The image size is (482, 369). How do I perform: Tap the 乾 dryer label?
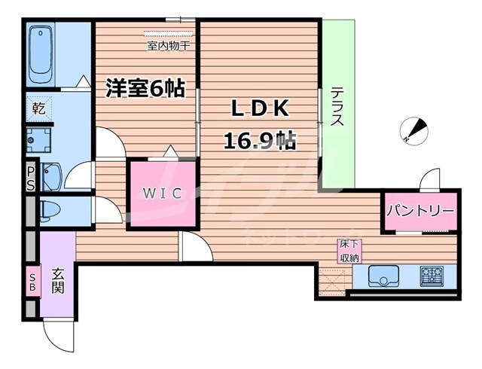tap(38, 108)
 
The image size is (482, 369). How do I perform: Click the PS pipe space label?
tap(30, 179)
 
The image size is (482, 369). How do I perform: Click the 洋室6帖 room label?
tap(145, 87)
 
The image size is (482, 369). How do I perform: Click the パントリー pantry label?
tap(421, 211)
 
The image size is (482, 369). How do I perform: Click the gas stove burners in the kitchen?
tap(432, 275)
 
